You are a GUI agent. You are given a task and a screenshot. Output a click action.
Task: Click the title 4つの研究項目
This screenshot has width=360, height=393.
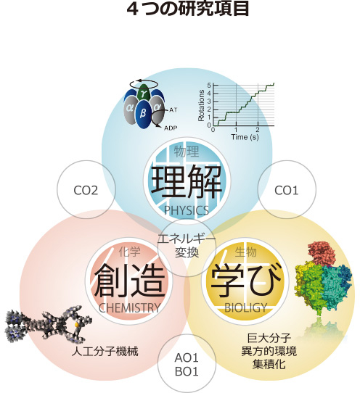click(x=188, y=9)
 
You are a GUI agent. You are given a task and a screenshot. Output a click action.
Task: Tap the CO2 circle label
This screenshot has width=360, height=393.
click(x=86, y=191)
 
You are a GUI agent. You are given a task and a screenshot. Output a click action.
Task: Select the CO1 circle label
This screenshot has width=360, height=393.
click(x=287, y=191)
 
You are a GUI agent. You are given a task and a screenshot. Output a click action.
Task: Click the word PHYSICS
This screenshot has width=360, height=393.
click(x=186, y=210)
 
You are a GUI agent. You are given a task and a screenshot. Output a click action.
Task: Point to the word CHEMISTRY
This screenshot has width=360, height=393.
click(x=129, y=308)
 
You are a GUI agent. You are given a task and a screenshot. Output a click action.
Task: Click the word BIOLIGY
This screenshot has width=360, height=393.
click(x=245, y=308)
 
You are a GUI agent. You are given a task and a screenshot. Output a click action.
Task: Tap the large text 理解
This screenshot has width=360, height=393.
click(x=187, y=183)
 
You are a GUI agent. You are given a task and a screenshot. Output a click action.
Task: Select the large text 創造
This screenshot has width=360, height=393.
click(x=129, y=281)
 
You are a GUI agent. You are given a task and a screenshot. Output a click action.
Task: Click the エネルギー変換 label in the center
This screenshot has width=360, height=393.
click(x=187, y=245)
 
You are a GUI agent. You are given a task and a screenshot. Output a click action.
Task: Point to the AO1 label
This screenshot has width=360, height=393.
click(x=187, y=358)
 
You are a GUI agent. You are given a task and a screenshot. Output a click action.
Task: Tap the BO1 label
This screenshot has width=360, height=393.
click(x=187, y=371)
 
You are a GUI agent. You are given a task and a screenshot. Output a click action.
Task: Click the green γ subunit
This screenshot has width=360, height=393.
click(x=144, y=93)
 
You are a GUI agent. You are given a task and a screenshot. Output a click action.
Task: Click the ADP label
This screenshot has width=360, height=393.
click(x=171, y=128)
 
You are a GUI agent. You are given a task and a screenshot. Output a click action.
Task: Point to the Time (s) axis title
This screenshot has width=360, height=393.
click(x=245, y=137)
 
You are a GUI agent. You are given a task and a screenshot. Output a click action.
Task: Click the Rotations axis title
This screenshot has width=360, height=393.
click(x=202, y=106)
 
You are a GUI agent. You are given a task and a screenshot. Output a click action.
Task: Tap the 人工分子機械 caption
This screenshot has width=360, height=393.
click(x=105, y=352)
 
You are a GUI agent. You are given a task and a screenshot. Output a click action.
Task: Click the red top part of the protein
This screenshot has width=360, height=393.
click(x=322, y=252)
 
